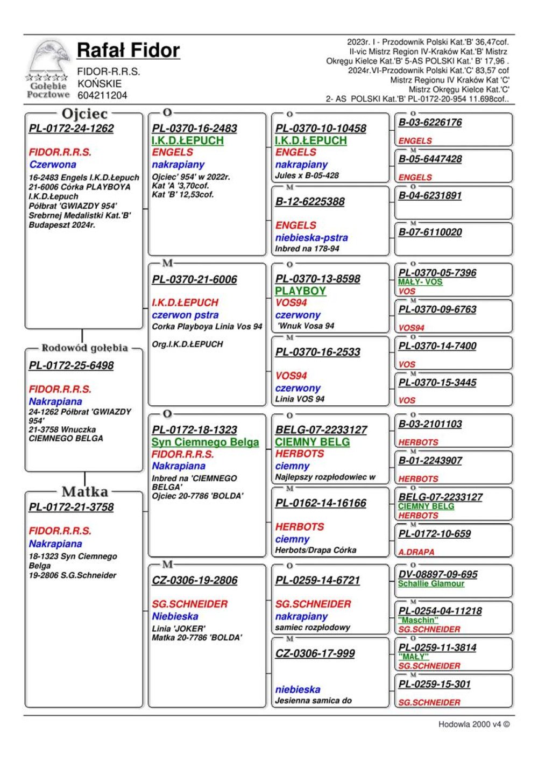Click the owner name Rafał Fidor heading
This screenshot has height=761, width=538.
[x=128, y=50]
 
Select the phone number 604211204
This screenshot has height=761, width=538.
[x=102, y=95]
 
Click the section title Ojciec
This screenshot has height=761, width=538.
[x=84, y=114]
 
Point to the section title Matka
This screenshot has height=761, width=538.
[x=84, y=491]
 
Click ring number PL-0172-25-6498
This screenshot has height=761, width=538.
[x=72, y=365]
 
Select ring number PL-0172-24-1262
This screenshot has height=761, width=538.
[x=72, y=129]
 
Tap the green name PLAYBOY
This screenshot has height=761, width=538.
[x=300, y=291]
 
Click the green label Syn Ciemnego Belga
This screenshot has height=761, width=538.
[x=205, y=442]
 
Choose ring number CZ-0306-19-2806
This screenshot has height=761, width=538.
[x=195, y=580]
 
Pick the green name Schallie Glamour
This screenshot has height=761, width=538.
[x=431, y=583]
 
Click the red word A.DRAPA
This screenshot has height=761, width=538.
[x=416, y=552]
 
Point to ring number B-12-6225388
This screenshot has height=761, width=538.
[x=310, y=202]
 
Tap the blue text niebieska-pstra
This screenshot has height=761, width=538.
[x=312, y=237]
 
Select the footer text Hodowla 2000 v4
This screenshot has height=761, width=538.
[x=473, y=724]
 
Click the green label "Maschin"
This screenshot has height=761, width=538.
[x=418, y=620]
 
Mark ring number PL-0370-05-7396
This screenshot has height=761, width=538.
[x=437, y=273]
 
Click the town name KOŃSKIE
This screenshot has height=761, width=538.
[x=100, y=83]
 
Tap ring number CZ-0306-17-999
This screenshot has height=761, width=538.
[x=315, y=653]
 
